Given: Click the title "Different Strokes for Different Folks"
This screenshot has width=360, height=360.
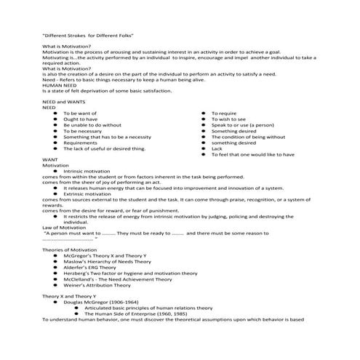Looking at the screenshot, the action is point(89,34).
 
